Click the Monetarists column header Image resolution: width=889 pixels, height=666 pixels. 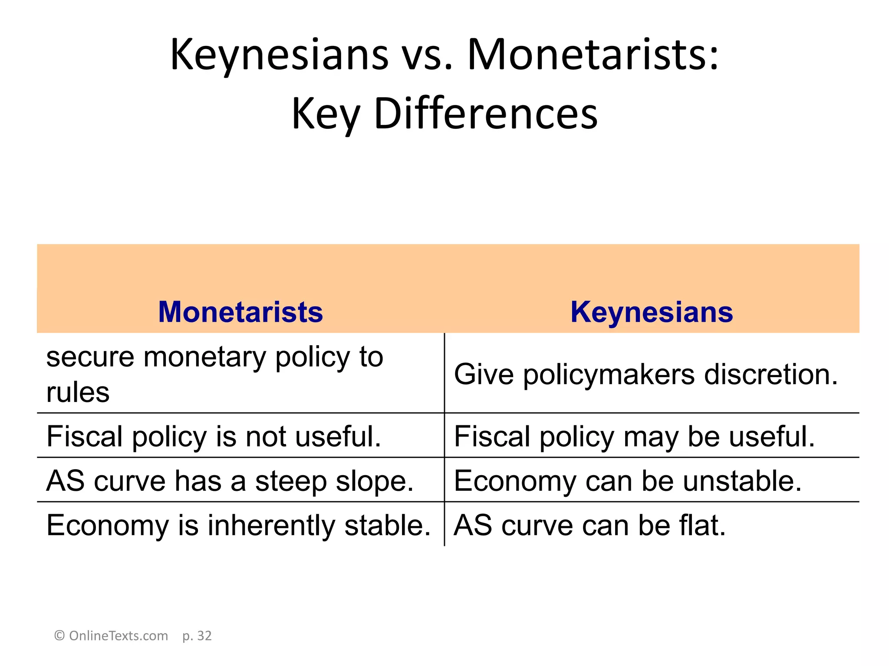click(240, 312)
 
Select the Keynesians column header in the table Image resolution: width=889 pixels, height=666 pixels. click(652, 312)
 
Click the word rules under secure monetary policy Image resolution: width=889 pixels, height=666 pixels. click(78, 393)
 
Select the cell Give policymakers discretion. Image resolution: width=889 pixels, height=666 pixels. click(645, 374)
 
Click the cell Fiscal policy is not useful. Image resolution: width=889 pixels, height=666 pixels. click(214, 436)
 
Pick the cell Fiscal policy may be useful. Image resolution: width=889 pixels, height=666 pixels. click(634, 436)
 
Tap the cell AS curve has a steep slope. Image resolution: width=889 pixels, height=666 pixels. click(230, 481)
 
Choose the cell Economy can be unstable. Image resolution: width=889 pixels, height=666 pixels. click(628, 481)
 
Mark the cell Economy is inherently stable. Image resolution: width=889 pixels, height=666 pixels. click(238, 526)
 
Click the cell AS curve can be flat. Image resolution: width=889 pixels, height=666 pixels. click(589, 526)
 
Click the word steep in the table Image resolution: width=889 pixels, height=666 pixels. click(291, 482)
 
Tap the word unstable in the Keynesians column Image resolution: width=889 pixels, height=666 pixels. click(742, 481)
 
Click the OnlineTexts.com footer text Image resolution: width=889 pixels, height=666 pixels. click(118, 636)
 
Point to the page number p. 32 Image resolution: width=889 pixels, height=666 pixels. click(197, 636)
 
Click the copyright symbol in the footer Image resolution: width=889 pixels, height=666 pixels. click(59, 636)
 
